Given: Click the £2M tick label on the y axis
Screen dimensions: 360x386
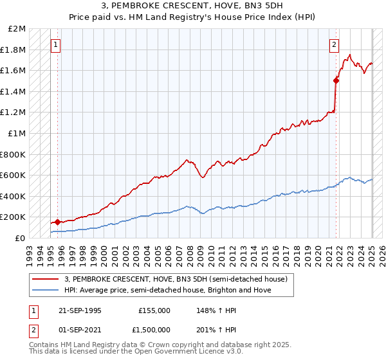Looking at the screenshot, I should point(17,29).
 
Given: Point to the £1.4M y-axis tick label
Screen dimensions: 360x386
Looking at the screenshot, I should point(14,92).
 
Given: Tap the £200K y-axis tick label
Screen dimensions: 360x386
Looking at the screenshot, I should point(14,217).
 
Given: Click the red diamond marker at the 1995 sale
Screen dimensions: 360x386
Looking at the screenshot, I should point(57,222).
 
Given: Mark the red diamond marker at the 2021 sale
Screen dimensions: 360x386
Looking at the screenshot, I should point(336,80).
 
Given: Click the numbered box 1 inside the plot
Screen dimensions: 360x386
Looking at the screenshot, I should point(56,45).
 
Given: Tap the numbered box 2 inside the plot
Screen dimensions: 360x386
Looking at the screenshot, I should point(335,45).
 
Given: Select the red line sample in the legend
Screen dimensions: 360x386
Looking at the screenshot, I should point(46,278).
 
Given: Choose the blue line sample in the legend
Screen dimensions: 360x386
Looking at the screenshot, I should point(46,290).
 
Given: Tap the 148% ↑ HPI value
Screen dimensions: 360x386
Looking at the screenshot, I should point(209,310).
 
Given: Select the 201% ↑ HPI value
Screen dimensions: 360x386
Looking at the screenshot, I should point(209,330).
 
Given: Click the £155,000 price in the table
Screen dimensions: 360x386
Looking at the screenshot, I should point(154,310).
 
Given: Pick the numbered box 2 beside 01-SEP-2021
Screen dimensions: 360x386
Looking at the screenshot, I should point(33,330).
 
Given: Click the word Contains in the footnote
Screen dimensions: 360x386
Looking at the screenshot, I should point(44,345).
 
